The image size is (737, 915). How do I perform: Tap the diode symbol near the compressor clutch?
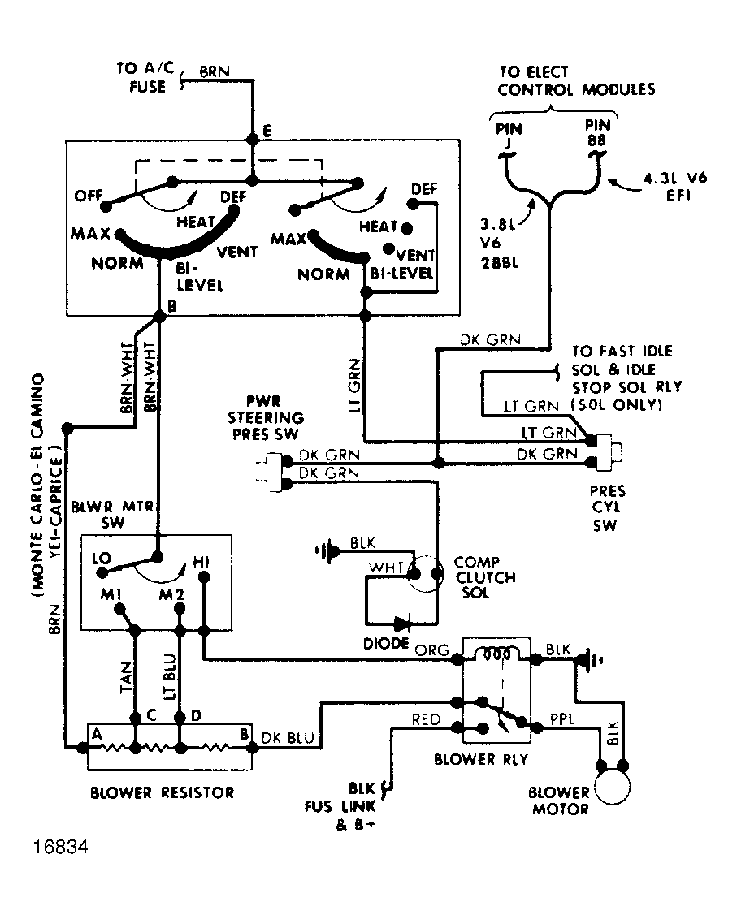401,624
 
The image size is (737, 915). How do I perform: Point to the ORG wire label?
427,650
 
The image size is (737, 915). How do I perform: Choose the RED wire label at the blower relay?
427,719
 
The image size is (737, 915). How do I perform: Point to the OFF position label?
90,196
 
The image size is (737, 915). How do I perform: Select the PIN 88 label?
599,132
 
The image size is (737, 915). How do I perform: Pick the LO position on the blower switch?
102,560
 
